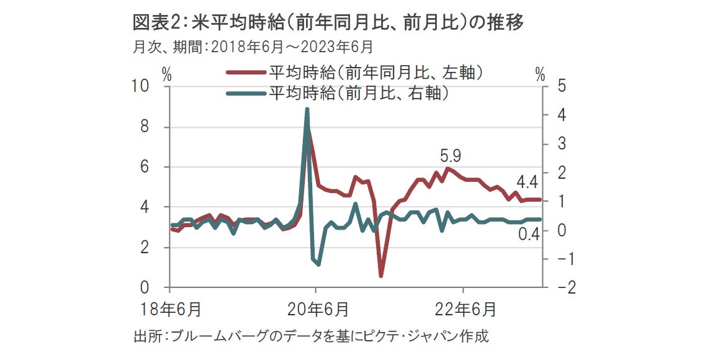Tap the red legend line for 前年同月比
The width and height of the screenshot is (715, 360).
tap(245, 73)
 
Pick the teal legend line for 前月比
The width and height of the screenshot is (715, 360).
tap(245, 94)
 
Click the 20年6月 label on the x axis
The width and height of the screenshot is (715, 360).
tap(317, 308)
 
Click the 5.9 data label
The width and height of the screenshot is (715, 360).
tap(451, 155)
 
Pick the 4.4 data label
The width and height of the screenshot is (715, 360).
tap(527, 182)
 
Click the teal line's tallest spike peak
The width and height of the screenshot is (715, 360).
tap(307, 109)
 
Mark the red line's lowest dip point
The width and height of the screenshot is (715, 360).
tap(381, 276)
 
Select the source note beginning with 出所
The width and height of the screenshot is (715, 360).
tap(311, 337)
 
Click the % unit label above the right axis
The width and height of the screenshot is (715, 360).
tap(540, 76)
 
